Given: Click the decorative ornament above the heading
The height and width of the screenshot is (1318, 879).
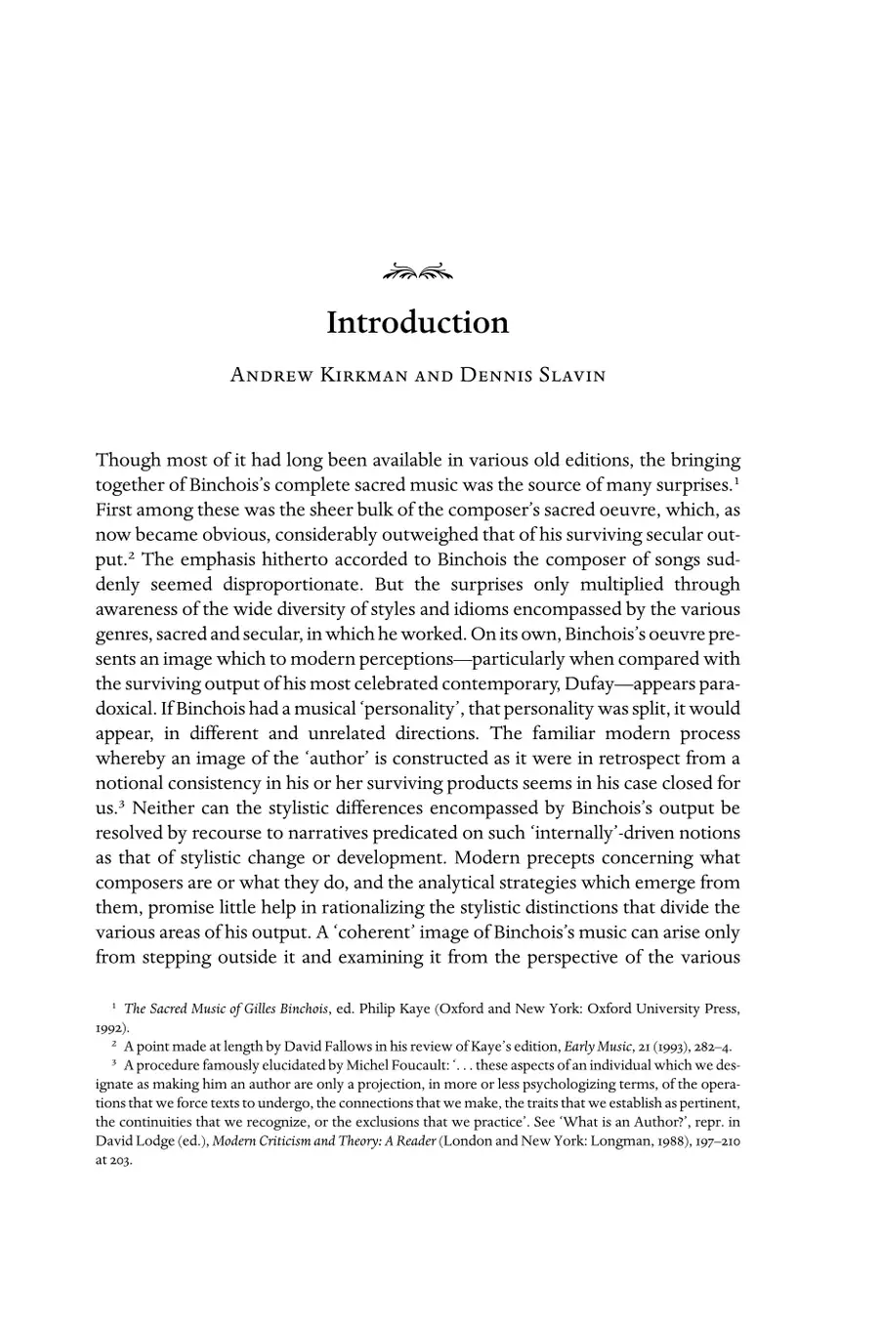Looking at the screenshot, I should [418, 271].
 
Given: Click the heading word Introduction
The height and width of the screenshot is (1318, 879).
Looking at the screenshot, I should [418, 323].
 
